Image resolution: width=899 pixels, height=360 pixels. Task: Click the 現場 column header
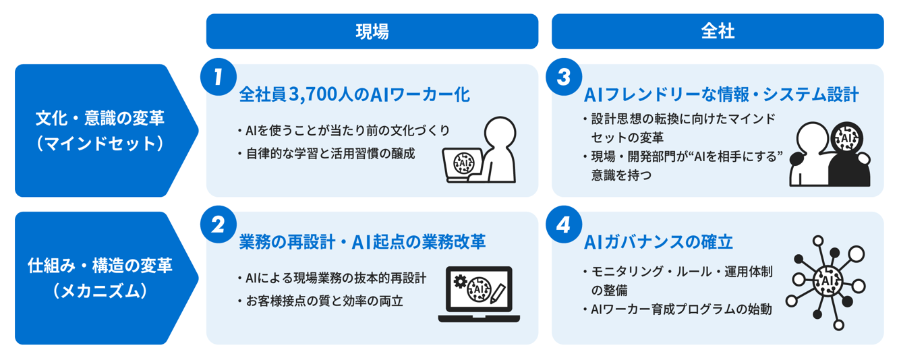click(372, 32)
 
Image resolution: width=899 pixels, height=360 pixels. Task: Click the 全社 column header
click(717, 32)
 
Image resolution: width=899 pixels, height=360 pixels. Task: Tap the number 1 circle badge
click(218, 76)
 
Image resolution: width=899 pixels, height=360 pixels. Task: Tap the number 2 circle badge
click(218, 224)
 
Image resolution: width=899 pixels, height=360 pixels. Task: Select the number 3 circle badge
click(564, 76)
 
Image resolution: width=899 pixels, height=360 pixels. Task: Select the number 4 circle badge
click(564, 224)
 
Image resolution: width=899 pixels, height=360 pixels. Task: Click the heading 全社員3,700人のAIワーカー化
click(354, 95)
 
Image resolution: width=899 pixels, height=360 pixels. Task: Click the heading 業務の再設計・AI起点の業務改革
click(362, 242)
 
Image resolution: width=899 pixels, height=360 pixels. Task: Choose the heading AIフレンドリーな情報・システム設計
click(721, 95)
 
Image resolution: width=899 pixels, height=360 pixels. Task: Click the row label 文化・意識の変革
click(100, 119)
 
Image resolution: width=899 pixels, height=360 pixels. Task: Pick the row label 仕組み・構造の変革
click(100, 266)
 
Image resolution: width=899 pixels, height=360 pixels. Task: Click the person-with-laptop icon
click(479, 150)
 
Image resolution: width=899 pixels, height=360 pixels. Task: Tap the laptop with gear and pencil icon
click(479, 294)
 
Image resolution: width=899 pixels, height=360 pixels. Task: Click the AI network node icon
click(825, 281)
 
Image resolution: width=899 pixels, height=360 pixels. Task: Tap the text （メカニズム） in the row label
click(100, 291)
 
